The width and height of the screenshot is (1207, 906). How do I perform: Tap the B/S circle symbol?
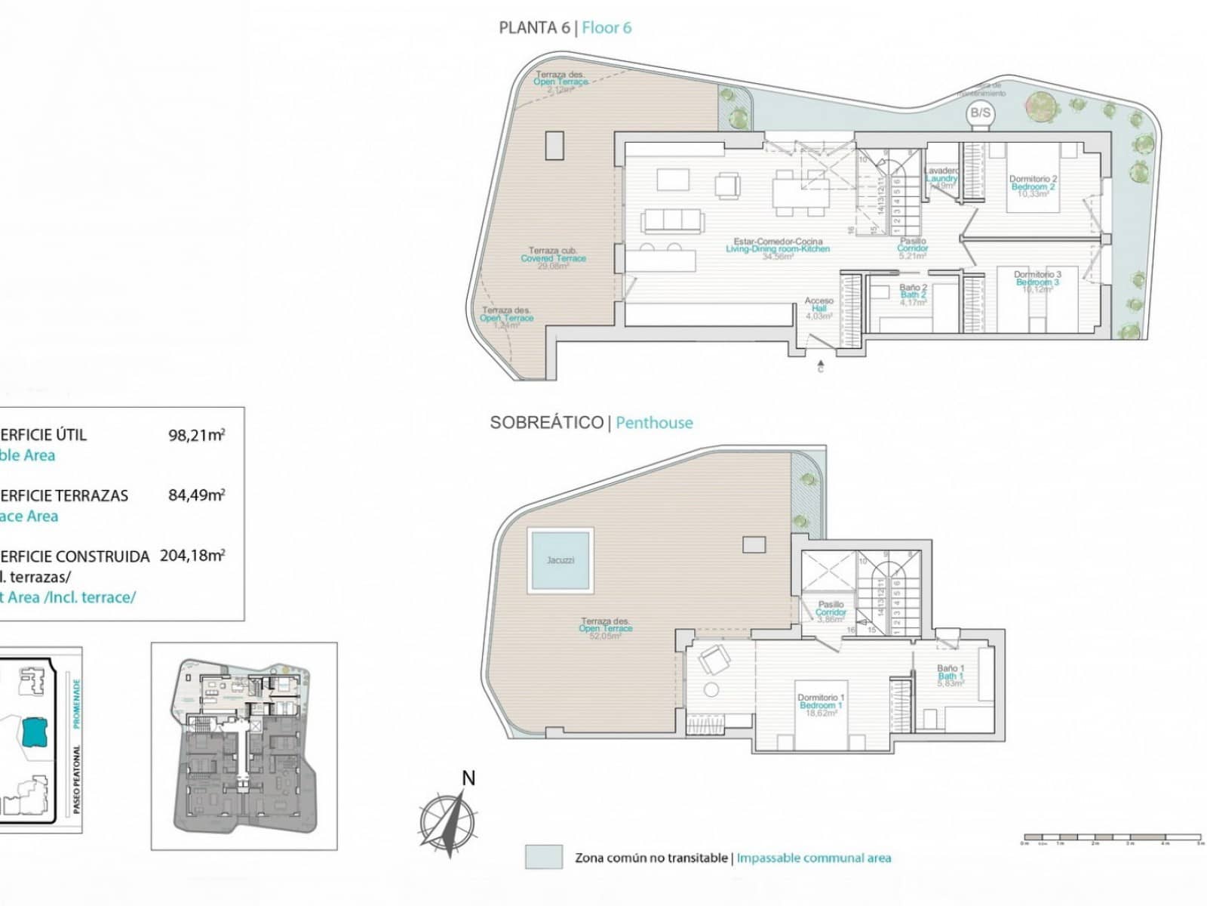coord(980,114)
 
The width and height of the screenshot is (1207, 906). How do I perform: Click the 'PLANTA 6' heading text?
coord(534,28)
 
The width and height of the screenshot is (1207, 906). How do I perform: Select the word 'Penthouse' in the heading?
coord(654,423)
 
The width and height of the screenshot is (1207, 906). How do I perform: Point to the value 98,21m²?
coord(196,435)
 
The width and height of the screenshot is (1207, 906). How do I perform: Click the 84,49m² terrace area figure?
coord(196,495)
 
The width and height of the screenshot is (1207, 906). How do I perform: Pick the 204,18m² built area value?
coord(192,556)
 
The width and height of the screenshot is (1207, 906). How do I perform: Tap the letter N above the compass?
coord(468,778)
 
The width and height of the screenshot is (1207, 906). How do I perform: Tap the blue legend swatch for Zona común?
coord(544,857)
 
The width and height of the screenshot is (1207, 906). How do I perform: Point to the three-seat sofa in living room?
coord(672,220)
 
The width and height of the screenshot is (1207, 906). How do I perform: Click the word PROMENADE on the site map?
coord(76,703)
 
